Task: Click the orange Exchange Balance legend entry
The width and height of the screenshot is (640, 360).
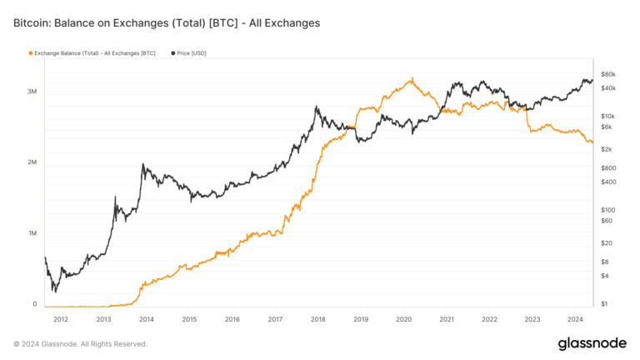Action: (94, 52)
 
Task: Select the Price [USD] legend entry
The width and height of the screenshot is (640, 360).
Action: (191, 52)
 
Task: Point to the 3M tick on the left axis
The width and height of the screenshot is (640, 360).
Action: (31, 91)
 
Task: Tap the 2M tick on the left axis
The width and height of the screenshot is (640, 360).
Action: (31, 162)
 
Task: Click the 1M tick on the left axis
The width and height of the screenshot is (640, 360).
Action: (31, 233)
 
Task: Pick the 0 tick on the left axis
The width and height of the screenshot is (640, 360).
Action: (34, 304)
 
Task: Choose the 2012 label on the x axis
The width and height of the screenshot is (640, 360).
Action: (60, 318)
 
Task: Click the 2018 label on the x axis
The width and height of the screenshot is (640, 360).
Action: (317, 318)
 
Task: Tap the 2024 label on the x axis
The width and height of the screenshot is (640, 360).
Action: (575, 318)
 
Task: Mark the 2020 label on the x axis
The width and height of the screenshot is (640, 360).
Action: (403, 318)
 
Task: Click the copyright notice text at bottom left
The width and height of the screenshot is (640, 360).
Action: (80, 343)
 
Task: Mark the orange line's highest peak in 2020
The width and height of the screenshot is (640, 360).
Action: (412, 79)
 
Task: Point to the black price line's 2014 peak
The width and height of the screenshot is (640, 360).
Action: (143, 165)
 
